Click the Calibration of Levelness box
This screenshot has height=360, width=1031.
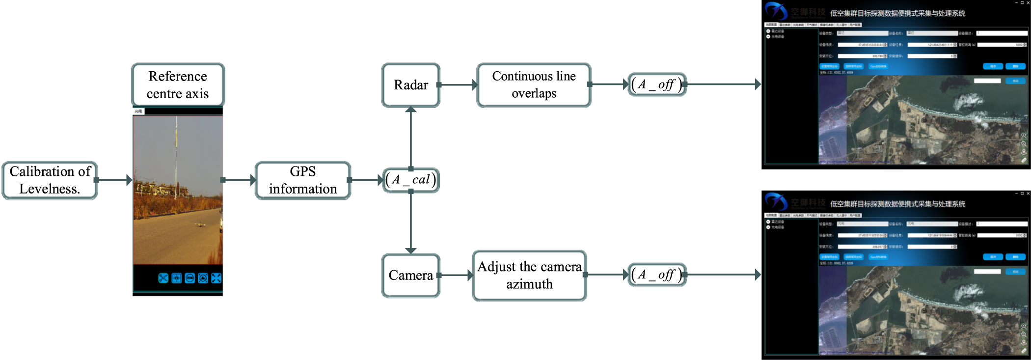(x=50, y=180)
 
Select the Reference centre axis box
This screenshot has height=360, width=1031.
(x=178, y=85)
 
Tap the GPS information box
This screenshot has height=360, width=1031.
(x=303, y=180)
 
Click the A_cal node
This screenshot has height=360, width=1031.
(x=411, y=180)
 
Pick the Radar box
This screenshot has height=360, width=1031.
(x=411, y=85)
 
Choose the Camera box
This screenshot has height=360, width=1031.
(x=411, y=275)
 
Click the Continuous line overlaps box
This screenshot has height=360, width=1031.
(x=534, y=85)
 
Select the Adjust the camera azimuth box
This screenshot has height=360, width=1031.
(x=529, y=275)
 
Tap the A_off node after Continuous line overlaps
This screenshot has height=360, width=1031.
(x=657, y=84)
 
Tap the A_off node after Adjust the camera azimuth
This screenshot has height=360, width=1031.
(x=657, y=275)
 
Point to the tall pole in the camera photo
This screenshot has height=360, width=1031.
(x=176, y=157)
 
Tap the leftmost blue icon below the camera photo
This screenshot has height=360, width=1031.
(x=163, y=278)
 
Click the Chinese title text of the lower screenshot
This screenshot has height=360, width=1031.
(x=897, y=204)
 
